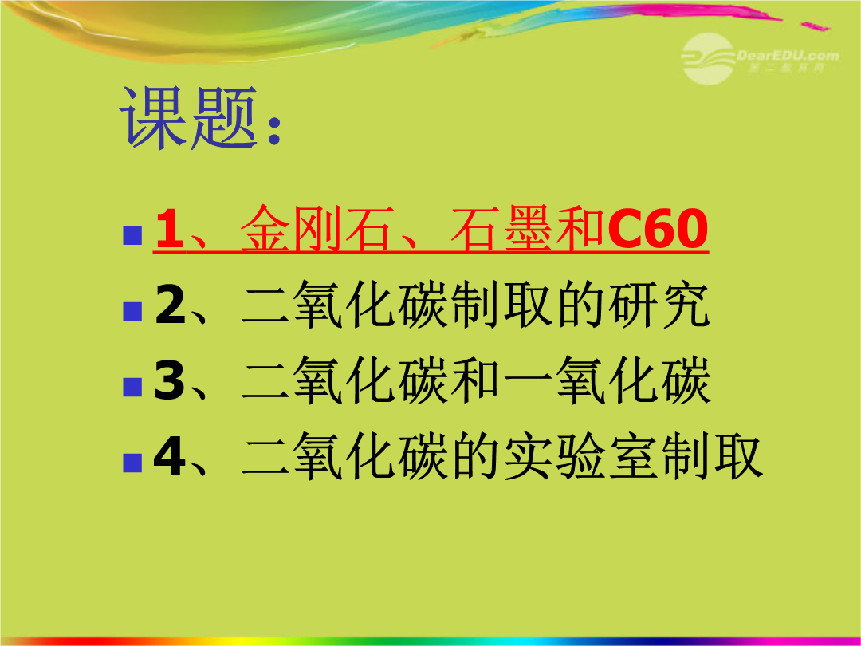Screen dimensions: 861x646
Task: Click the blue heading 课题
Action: coord(188,117)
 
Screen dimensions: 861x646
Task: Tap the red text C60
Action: coord(657,229)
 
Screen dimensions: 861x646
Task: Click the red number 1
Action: coord(169,229)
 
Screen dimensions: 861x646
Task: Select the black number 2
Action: coord(171,305)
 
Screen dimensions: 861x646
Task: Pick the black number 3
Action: coord(170,380)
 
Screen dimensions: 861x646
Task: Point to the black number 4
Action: coord(170,456)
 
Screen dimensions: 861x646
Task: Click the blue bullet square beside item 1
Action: coord(132,235)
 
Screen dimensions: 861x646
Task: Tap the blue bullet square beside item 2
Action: coord(132,311)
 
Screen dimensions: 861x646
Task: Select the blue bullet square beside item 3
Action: coord(132,387)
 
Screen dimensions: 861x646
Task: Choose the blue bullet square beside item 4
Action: coord(132,463)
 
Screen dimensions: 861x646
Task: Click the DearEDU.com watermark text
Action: coord(788,56)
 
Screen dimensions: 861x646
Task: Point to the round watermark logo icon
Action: coord(709,58)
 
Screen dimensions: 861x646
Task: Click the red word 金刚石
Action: coord(318,229)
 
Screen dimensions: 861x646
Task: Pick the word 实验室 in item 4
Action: coord(580,456)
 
